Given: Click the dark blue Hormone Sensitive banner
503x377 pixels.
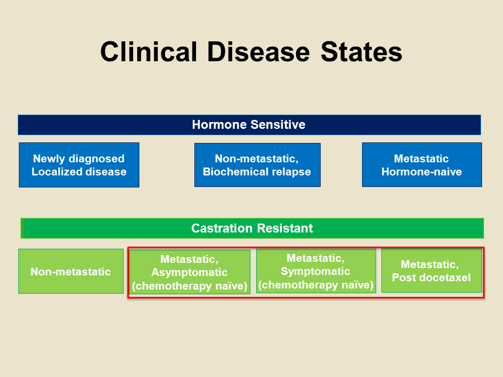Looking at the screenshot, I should coord(249,125).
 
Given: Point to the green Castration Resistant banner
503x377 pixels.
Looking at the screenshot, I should coord(252,228).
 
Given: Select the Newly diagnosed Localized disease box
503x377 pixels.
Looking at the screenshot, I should coord(79,165).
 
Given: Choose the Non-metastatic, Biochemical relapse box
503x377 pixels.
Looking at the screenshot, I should coord(257,165).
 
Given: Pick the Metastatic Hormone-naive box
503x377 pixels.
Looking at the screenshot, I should coord(421,165).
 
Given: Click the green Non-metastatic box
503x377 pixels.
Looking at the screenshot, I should coord(71,271).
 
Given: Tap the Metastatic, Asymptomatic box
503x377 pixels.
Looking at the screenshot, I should coord(189,272).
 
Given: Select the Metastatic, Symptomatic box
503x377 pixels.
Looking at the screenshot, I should coord(315,271).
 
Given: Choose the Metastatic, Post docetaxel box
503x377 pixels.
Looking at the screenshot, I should coord(431,271).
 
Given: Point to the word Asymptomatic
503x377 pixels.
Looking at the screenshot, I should coord(190,272).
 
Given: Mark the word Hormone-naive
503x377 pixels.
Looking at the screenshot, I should coord(421,172).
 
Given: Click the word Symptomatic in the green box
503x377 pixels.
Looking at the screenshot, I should coord(315,271).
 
